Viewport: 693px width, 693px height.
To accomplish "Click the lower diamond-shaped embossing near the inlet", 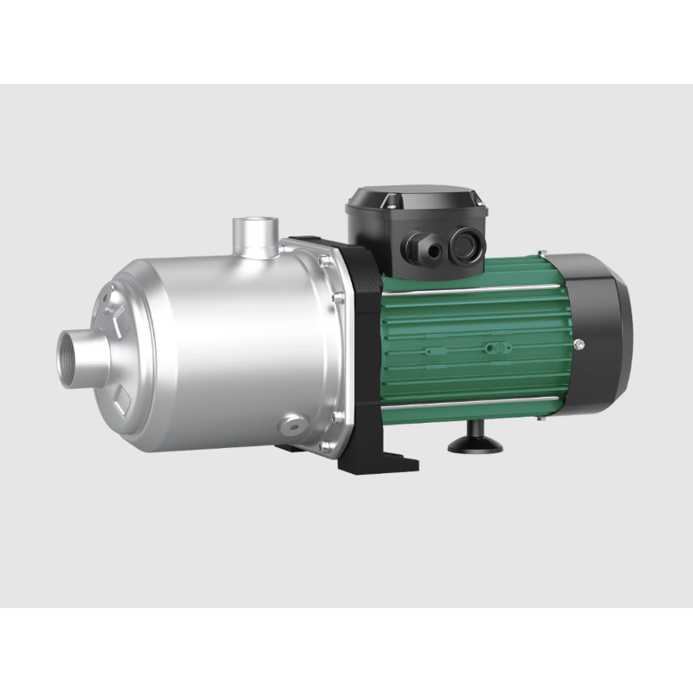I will pyautogui.click(x=122, y=401).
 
